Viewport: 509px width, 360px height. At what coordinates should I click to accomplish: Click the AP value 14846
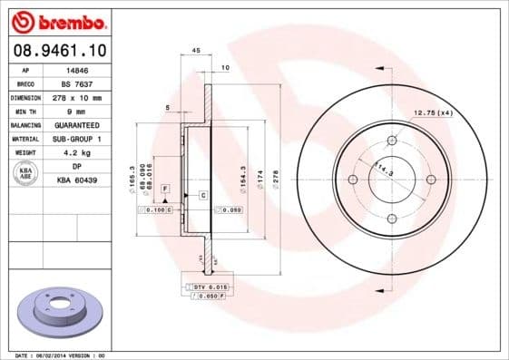point(78,69)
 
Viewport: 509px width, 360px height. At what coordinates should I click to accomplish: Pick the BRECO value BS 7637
point(78,83)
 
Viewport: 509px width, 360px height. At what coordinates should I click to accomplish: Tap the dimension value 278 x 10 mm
point(78,97)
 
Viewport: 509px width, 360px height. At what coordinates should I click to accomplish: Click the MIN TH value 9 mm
point(78,111)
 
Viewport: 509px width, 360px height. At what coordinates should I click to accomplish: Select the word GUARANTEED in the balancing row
point(78,124)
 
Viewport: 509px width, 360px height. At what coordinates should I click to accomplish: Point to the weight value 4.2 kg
point(78,152)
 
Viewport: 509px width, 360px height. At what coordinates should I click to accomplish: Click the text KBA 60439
point(78,180)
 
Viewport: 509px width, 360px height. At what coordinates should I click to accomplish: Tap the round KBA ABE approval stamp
point(26,174)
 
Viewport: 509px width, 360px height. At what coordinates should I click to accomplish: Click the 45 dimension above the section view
point(196,51)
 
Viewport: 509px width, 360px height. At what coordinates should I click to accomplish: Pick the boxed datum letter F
point(164,187)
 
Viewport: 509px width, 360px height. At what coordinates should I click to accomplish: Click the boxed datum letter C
point(202,196)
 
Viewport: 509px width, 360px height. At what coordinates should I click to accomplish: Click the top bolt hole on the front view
point(392,141)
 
